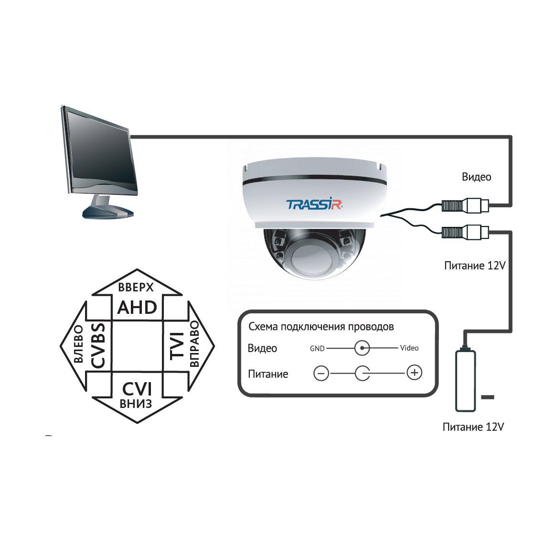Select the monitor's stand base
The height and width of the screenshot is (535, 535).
click(x=107, y=211)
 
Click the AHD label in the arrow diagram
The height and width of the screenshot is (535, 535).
click(x=137, y=308)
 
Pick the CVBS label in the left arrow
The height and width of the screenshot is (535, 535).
click(x=98, y=346)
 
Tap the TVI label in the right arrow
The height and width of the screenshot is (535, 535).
click(x=177, y=346)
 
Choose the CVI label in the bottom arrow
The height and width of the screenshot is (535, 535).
click(x=137, y=389)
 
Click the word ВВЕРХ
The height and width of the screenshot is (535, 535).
click(x=136, y=287)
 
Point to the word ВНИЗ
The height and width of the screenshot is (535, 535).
click(x=136, y=404)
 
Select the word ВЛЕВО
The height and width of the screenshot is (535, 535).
click(x=78, y=343)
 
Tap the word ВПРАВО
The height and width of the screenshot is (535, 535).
click(x=194, y=343)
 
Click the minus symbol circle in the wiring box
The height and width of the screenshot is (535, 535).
click(x=321, y=373)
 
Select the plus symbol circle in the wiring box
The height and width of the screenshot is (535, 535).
click(x=415, y=372)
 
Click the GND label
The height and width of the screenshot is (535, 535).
click(x=317, y=349)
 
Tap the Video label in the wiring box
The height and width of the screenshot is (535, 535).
click(x=409, y=348)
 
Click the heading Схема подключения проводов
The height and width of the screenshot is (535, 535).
click(x=321, y=327)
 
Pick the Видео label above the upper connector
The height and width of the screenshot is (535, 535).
click(x=476, y=177)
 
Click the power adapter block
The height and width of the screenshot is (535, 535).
click(x=465, y=381)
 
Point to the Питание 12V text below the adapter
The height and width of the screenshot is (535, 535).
click(x=473, y=427)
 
